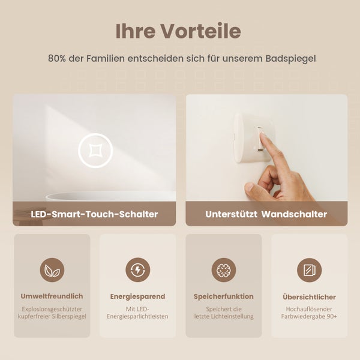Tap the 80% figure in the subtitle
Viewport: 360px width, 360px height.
pyautogui.click(x=58, y=59)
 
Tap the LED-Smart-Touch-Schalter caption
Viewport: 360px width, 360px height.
pyautogui.click(x=94, y=214)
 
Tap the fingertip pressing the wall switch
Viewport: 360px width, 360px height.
pyautogui.click(x=265, y=139)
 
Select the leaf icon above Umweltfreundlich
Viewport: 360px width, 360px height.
pyautogui.click(x=52, y=270)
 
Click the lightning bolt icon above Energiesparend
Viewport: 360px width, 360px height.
pyautogui.click(x=138, y=270)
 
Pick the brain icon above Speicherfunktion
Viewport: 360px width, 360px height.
pyautogui.click(x=224, y=270)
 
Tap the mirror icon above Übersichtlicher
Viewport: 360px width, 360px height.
pyautogui.click(x=309, y=270)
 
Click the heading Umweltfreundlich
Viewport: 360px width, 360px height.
pyautogui.click(x=52, y=296)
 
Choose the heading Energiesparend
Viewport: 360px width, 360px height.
pyautogui.click(x=138, y=296)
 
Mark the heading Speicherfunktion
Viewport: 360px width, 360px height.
pyautogui.click(x=224, y=296)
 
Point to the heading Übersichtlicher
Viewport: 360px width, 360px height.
pyautogui.click(x=309, y=297)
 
